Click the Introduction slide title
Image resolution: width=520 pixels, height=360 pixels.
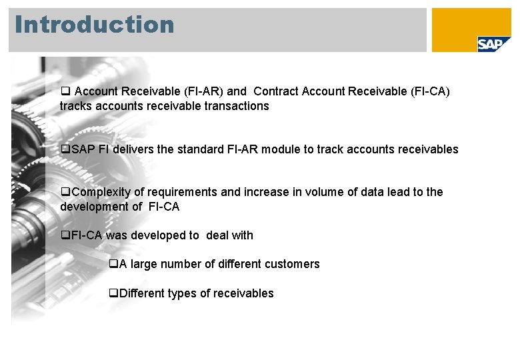coord(94,25)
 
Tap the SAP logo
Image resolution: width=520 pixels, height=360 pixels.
coord(494,44)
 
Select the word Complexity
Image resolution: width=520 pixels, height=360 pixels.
coord(101,192)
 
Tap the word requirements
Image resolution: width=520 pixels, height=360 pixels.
coord(182,192)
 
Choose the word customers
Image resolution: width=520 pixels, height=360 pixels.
coord(292,264)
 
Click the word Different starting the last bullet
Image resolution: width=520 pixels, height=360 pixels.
coord(144,293)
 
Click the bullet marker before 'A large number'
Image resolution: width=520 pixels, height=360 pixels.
coord(113,264)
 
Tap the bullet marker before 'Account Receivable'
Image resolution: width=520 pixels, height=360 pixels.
coord(65,91)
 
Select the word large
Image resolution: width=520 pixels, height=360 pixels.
coord(145,264)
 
